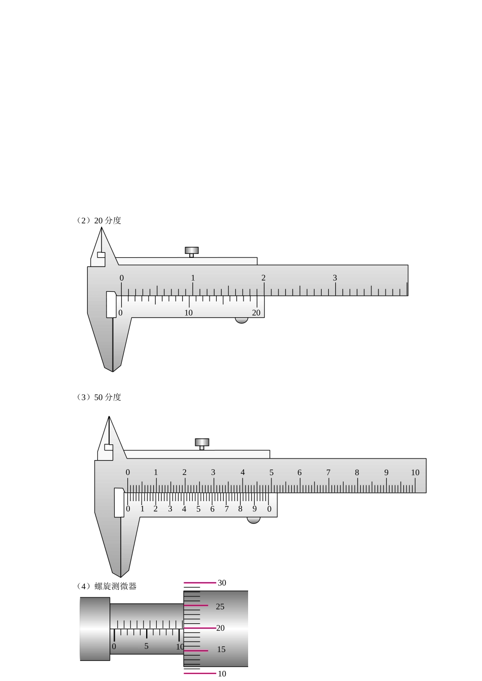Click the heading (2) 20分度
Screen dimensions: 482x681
(98, 220)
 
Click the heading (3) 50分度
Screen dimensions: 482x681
(98, 397)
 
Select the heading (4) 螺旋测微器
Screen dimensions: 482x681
(106, 586)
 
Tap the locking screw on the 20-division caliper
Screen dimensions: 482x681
(191, 252)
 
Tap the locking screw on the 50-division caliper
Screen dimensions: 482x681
(202, 444)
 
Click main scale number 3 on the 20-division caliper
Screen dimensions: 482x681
(335, 278)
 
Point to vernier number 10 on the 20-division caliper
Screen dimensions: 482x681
(188, 313)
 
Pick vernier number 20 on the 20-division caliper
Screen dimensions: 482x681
(256, 313)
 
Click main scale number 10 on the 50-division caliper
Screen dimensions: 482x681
(415, 472)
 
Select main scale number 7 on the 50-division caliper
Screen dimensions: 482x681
(328, 472)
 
